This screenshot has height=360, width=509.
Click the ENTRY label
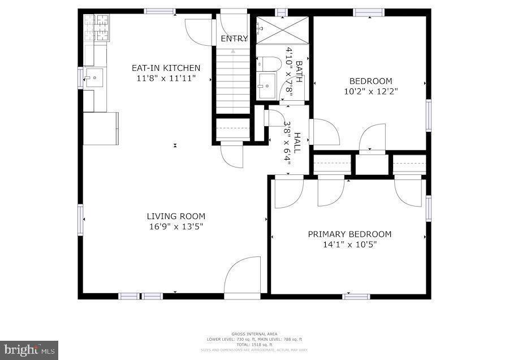234,39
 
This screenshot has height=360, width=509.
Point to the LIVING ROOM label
176,216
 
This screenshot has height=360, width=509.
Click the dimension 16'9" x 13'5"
176,226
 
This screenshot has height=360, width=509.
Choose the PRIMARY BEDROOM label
350,234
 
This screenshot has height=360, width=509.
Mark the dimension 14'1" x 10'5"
350,245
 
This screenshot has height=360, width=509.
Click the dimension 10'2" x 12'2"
370,91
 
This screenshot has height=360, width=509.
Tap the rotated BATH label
298,71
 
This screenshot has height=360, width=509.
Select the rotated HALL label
297,143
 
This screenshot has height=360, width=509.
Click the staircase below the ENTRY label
234,79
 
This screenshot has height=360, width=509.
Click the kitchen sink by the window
94,78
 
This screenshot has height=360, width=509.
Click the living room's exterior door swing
243,277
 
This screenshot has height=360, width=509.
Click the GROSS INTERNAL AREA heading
254,334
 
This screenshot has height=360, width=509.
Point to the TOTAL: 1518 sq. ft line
254,344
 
